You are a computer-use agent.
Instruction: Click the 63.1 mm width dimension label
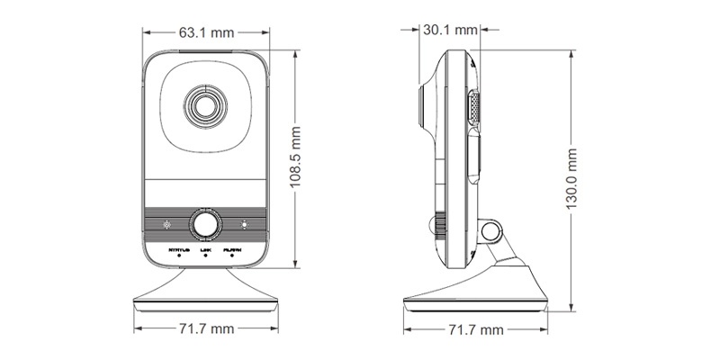[x=206, y=33]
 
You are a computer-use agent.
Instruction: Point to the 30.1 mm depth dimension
[x=449, y=30]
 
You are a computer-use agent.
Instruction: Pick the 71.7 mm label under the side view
[x=474, y=329]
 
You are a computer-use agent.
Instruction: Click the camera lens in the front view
[x=205, y=106]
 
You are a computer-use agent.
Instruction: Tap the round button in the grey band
[x=206, y=223]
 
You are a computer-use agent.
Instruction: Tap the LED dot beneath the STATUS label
[x=179, y=256]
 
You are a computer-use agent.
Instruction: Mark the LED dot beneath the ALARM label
[x=232, y=256]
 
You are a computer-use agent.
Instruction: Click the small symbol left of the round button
[x=166, y=223]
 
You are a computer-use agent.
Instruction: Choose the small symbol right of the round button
[x=244, y=223]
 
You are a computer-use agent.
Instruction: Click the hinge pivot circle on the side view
[x=490, y=232]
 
